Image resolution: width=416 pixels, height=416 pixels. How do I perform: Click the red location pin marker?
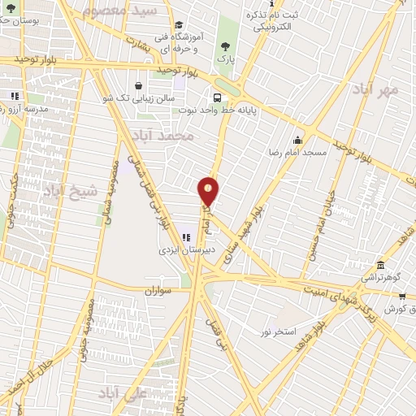coord(209,190)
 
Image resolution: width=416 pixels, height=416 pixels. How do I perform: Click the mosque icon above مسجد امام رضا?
coord(298,140)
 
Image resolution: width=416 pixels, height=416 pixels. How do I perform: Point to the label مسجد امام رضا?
coord(299,152)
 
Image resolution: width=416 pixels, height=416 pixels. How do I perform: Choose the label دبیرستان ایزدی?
coord(186,250)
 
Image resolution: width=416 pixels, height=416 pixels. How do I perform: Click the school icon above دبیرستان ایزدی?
coord(186,237)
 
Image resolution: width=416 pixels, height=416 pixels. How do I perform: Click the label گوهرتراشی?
coord(380,277)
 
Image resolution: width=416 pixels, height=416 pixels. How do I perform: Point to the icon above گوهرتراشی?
coord(380,265)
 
